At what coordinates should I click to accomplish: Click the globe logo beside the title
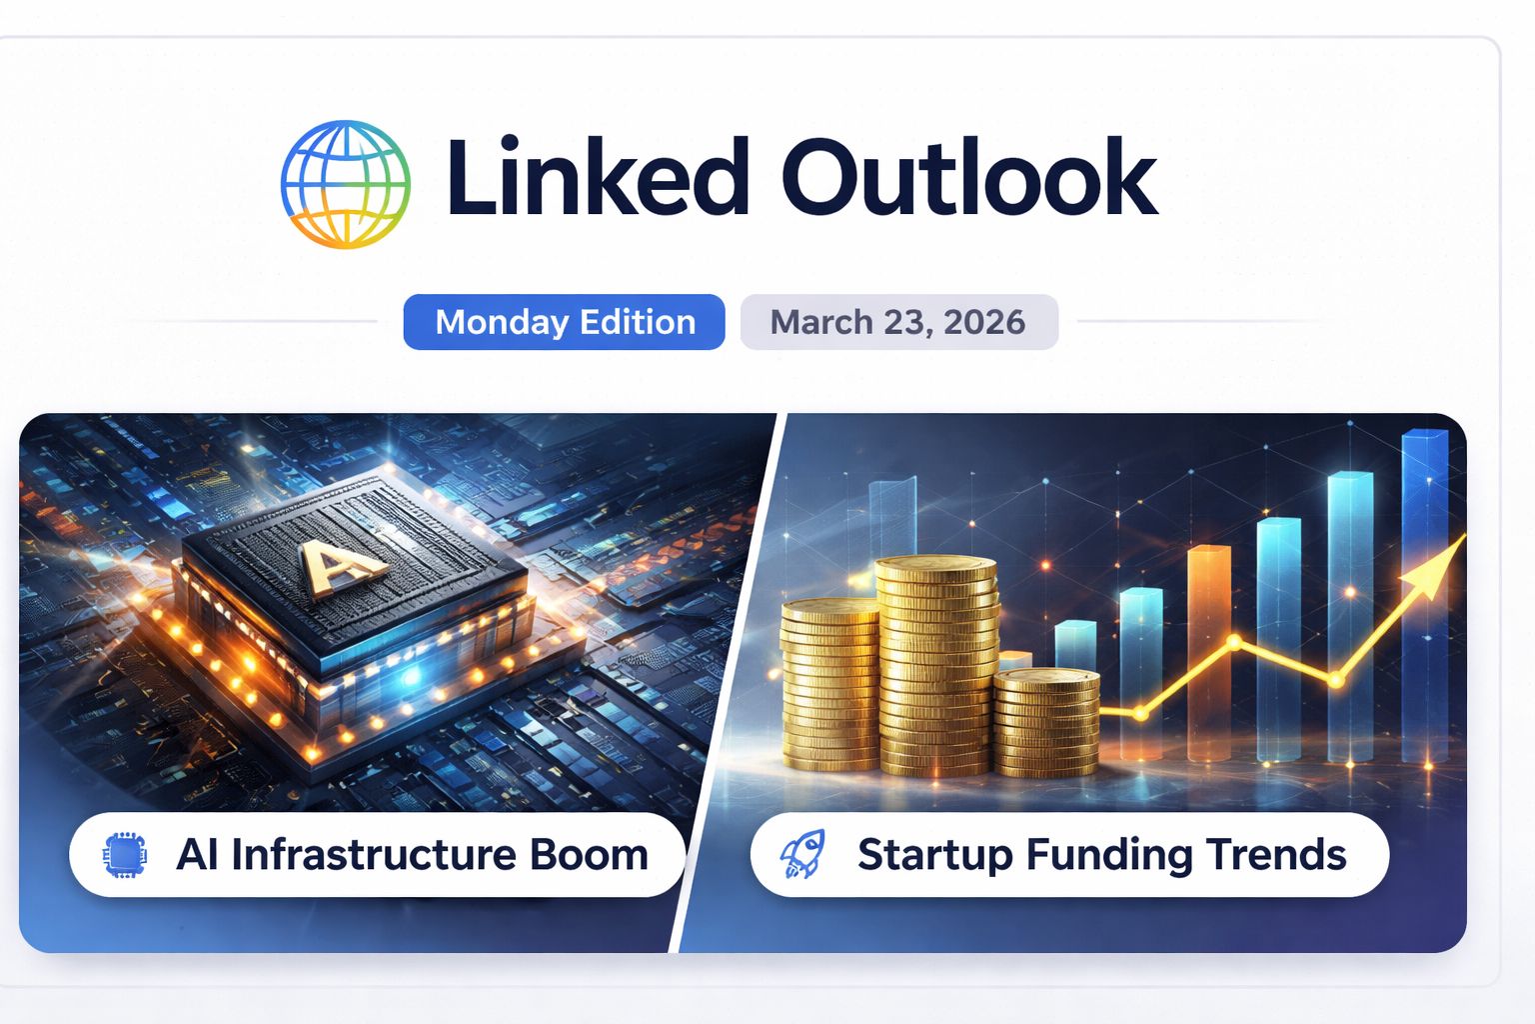(x=345, y=184)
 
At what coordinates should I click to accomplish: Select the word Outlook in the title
(x=973, y=178)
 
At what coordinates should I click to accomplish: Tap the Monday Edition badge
(x=564, y=322)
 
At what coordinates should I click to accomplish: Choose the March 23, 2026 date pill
(x=898, y=322)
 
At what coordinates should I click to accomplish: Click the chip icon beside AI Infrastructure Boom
(x=125, y=855)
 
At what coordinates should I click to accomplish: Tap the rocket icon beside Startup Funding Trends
(x=802, y=855)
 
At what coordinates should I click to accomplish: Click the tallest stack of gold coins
(x=936, y=665)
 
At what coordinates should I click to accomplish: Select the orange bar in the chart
(x=1208, y=650)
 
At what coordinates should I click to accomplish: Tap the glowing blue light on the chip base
(x=410, y=677)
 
